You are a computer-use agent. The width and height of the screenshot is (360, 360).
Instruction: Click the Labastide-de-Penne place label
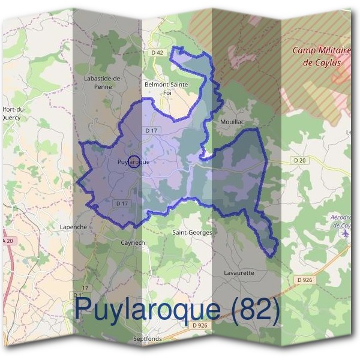103,82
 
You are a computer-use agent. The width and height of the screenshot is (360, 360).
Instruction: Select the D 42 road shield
157,53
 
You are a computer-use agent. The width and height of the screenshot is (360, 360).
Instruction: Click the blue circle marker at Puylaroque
135,161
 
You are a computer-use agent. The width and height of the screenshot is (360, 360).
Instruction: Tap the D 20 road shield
299,160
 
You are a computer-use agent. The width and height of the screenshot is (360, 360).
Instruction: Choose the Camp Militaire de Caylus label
322,56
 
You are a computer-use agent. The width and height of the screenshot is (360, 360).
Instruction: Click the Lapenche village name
74,227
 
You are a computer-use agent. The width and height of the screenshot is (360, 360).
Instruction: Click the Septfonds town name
148,339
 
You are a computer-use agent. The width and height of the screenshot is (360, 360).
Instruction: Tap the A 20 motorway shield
7,240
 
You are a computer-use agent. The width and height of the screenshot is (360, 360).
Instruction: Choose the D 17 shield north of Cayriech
122,203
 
